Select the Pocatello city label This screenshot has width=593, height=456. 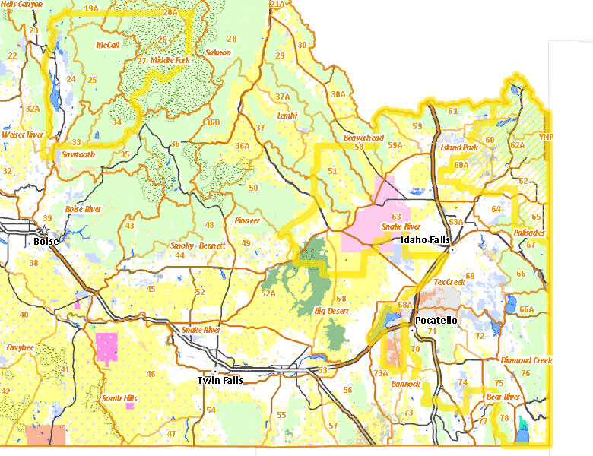tap(436, 321)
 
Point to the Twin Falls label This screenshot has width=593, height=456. tap(220, 380)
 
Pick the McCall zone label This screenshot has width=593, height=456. tap(107, 46)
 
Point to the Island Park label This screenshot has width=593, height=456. tap(458, 147)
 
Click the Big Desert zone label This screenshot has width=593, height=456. tap(331, 311)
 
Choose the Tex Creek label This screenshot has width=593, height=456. tap(449, 282)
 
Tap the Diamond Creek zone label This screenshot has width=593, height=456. tap(527, 360)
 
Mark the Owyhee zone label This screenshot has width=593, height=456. tap(21, 347)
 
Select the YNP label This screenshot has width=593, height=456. tap(546, 137)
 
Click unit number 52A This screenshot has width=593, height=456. tap(268, 293)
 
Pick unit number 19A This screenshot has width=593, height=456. tap(91, 8)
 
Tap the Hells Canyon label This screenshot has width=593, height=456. tap(21, 4)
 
